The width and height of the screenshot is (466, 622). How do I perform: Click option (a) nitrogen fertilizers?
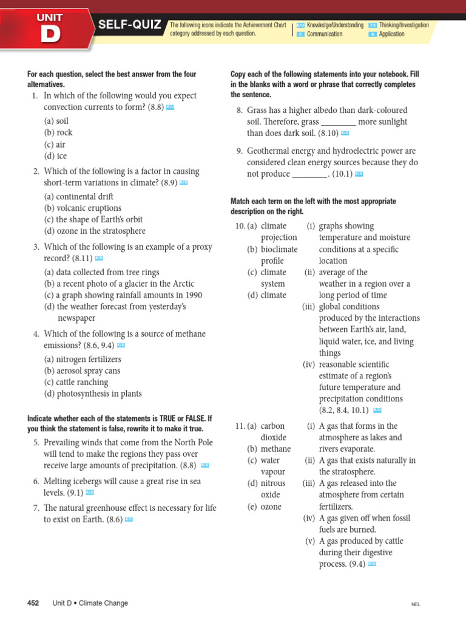click(83, 359)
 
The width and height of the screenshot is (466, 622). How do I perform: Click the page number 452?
click(33, 603)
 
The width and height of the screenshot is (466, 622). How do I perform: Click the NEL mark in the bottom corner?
click(416, 604)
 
